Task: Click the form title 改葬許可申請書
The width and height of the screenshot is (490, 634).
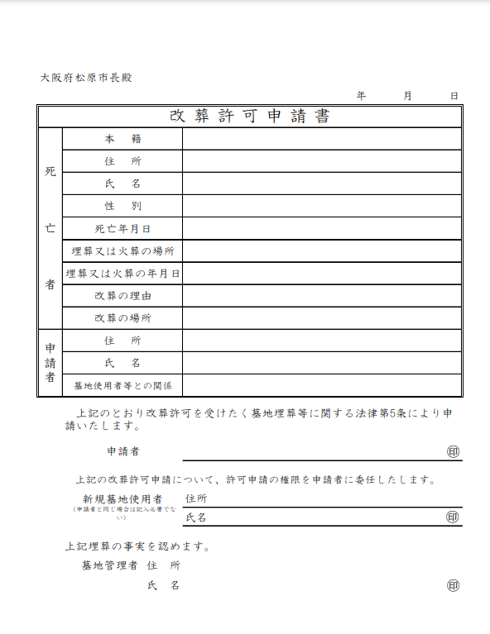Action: pyautogui.click(x=249, y=116)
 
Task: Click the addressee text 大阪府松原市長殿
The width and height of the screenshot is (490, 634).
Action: pyautogui.click(x=86, y=78)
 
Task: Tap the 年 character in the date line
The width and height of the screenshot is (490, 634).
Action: pyautogui.click(x=361, y=96)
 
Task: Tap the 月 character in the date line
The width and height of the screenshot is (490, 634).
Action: pyautogui.click(x=407, y=96)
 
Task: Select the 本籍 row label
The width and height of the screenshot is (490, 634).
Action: pyautogui.click(x=122, y=139)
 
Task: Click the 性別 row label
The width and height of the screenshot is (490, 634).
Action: pyautogui.click(x=122, y=206)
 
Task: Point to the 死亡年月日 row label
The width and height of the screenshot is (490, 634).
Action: pyautogui.click(x=122, y=228)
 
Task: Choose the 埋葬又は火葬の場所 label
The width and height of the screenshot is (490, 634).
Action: pyautogui.click(x=122, y=250)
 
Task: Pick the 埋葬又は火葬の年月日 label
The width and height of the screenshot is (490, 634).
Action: pyautogui.click(x=122, y=273)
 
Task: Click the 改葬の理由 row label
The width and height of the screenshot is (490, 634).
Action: pyautogui.click(x=122, y=295)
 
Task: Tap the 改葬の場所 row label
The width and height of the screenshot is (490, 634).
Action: pyautogui.click(x=122, y=317)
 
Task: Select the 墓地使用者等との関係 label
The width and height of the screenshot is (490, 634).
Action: pyautogui.click(x=122, y=385)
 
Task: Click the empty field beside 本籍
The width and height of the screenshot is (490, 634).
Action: pyautogui.click(x=321, y=139)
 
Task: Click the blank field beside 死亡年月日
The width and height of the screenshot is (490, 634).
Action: pyautogui.click(x=321, y=228)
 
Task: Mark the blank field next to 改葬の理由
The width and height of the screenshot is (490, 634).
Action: pyautogui.click(x=321, y=295)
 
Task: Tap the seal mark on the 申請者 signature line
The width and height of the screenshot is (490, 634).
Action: pyautogui.click(x=453, y=451)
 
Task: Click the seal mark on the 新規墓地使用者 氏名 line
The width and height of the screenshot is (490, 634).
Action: pyautogui.click(x=453, y=517)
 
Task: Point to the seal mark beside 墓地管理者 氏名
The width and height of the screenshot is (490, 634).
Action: pyautogui.click(x=453, y=585)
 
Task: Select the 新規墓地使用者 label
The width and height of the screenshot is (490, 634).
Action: pyautogui.click(x=122, y=498)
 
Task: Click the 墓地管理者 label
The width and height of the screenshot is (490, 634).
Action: pyautogui.click(x=109, y=565)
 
